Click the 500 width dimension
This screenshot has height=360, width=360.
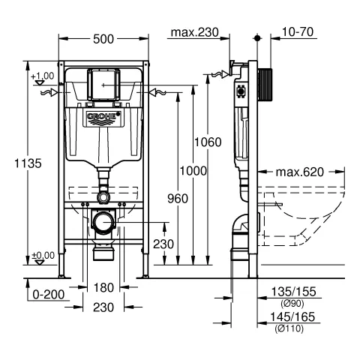click(x=103, y=39)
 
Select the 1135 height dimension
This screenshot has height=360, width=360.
click(x=28, y=163)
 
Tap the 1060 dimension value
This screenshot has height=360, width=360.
click(x=208, y=142)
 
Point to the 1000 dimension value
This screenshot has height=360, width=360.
click(x=193, y=171)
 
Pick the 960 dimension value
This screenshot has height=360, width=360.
click(x=178, y=199)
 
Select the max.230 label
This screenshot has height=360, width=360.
click(x=194, y=32)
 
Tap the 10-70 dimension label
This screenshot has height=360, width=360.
click(x=298, y=31)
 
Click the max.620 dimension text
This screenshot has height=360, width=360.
click(x=299, y=172)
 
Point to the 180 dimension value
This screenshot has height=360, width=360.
click(x=103, y=287)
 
